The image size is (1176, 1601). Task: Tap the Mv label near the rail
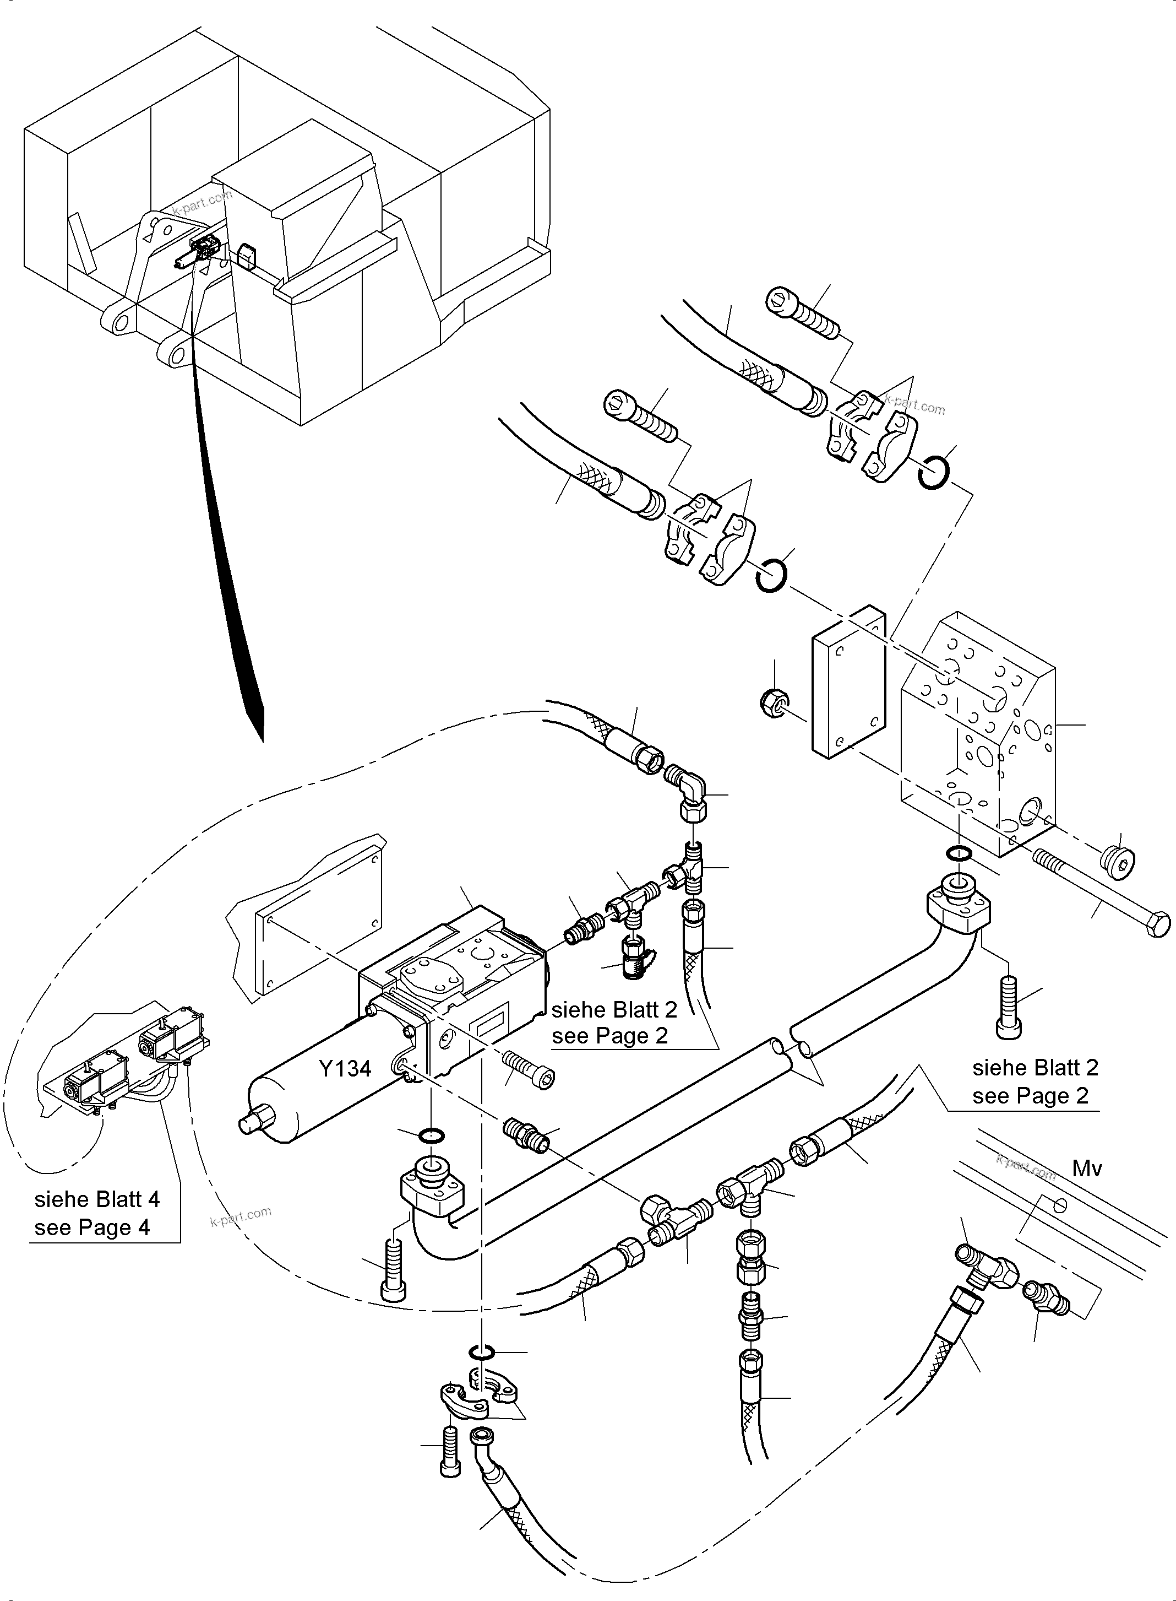[x=1087, y=1169]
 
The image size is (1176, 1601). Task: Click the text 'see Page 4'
[x=92, y=1228]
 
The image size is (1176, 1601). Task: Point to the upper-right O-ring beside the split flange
[x=931, y=472]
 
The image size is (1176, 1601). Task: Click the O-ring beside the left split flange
[x=771, y=575]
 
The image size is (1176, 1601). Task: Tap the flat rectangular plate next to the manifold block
[x=848, y=684]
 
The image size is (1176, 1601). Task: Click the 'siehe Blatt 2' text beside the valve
[x=614, y=1009]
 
